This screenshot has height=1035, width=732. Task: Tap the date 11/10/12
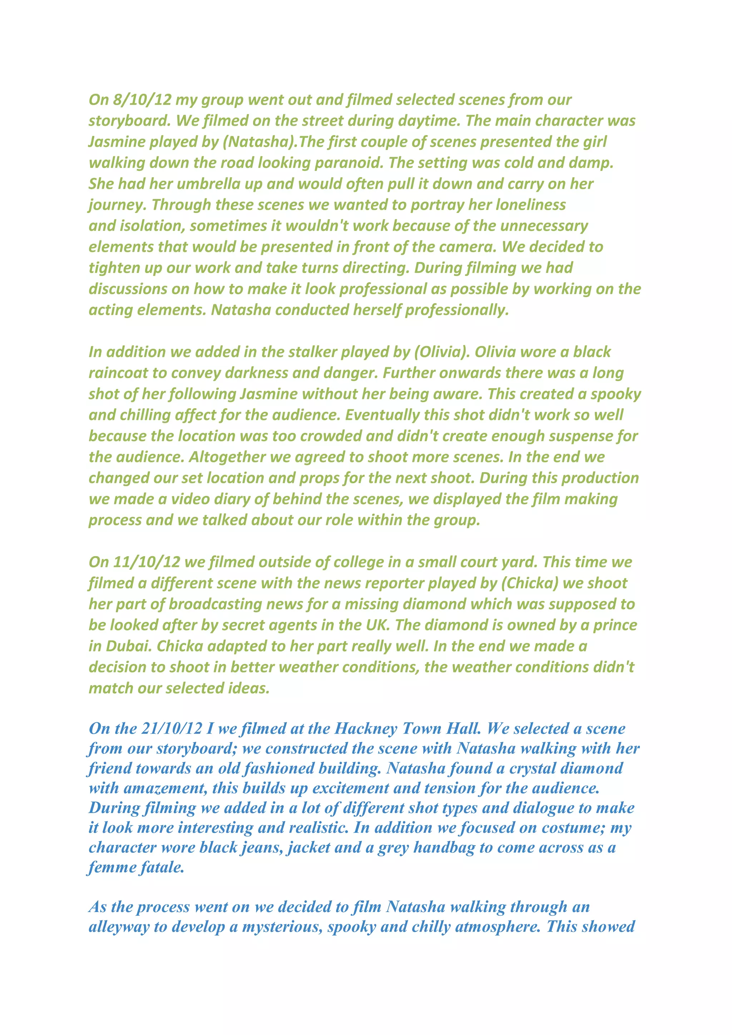tap(147, 562)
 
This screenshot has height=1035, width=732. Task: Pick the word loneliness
tap(530, 205)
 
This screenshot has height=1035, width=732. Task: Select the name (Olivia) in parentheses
tap(442, 352)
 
